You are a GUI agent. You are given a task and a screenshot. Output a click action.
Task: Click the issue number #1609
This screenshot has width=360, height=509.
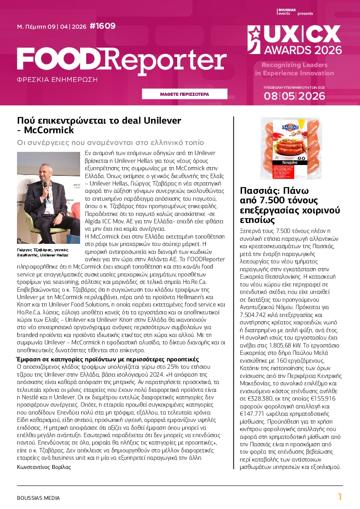pyautogui.click(x=102, y=26)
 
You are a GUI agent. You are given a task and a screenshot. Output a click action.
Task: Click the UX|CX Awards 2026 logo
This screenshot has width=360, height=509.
pyautogui.click(x=295, y=39)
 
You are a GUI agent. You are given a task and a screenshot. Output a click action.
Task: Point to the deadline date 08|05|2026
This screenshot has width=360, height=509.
pyautogui.click(x=294, y=96)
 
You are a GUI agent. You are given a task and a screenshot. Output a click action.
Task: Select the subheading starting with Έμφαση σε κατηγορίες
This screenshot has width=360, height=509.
pyautogui.click(x=108, y=359)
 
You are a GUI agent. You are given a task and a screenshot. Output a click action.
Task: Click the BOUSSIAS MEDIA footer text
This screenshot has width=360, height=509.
pyautogui.click(x=38, y=498)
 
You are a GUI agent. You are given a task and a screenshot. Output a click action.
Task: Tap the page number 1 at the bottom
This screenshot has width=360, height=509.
pyautogui.click(x=340, y=497)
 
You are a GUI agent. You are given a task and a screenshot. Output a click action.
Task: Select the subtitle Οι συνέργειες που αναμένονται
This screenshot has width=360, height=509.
pyautogui.click(x=111, y=143)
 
